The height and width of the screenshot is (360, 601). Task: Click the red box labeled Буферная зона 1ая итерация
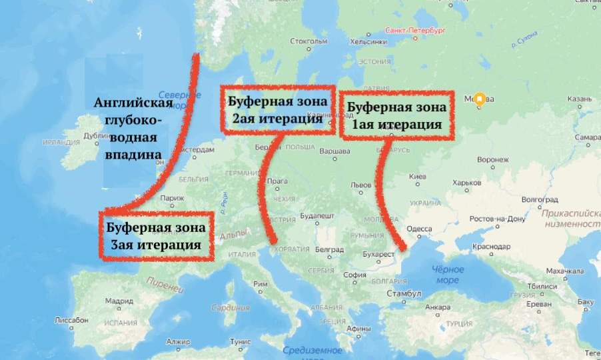(x=396, y=115)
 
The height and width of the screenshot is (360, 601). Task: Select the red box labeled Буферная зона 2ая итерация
(x=278, y=110)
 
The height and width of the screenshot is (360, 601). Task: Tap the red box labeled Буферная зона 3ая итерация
(x=156, y=236)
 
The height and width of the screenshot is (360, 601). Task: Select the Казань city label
(x=579, y=99)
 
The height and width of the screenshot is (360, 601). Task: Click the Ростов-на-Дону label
(x=497, y=219)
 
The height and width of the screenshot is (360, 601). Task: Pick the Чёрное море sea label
(x=447, y=275)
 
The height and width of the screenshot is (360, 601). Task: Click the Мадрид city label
(x=119, y=300)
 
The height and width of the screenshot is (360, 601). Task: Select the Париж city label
(x=172, y=198)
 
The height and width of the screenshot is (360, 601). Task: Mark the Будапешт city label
(x=316, y=217)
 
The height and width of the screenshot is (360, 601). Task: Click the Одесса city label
(x=419, y=229)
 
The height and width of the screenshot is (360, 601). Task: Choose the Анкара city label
(x=438, y=307)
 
